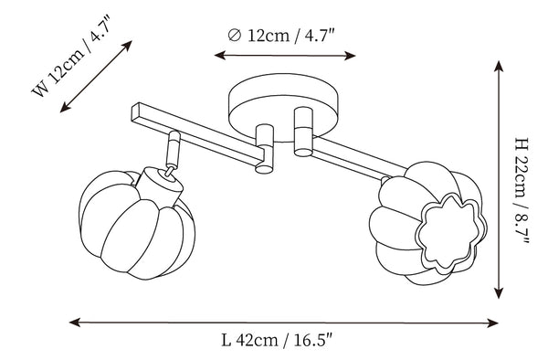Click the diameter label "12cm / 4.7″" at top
(x=291, y=36)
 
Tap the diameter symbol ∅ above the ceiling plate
(x=234, y=35)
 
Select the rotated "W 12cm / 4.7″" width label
(x=71, y=56)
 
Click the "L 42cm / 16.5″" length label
(x=277, y=340)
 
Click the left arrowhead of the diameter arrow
(x=219, y=55)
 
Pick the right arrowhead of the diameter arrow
(x=350, y=56)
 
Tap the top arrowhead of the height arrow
(x=499, y=66)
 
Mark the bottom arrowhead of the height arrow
(x=499, y=292)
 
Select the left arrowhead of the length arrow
(x=75, y=323)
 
